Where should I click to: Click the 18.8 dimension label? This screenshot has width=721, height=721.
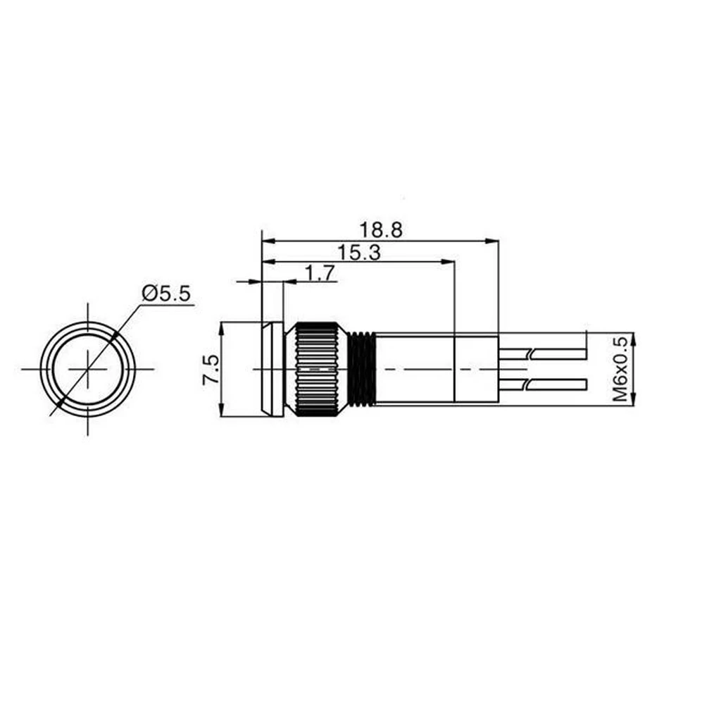tap(381, 230)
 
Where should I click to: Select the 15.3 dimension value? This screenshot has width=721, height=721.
tap(359, 253)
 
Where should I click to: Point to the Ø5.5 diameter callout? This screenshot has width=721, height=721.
tap(166, 293)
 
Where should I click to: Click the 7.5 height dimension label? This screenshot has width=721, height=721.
tap(211, 370)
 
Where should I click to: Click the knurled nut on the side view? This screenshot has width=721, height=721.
tap(318, 369)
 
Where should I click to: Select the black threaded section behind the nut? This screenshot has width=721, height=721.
tap(362, 369)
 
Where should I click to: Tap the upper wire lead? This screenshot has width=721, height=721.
tap(543, 354)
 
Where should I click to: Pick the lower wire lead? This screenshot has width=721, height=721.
tap(543, 384)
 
